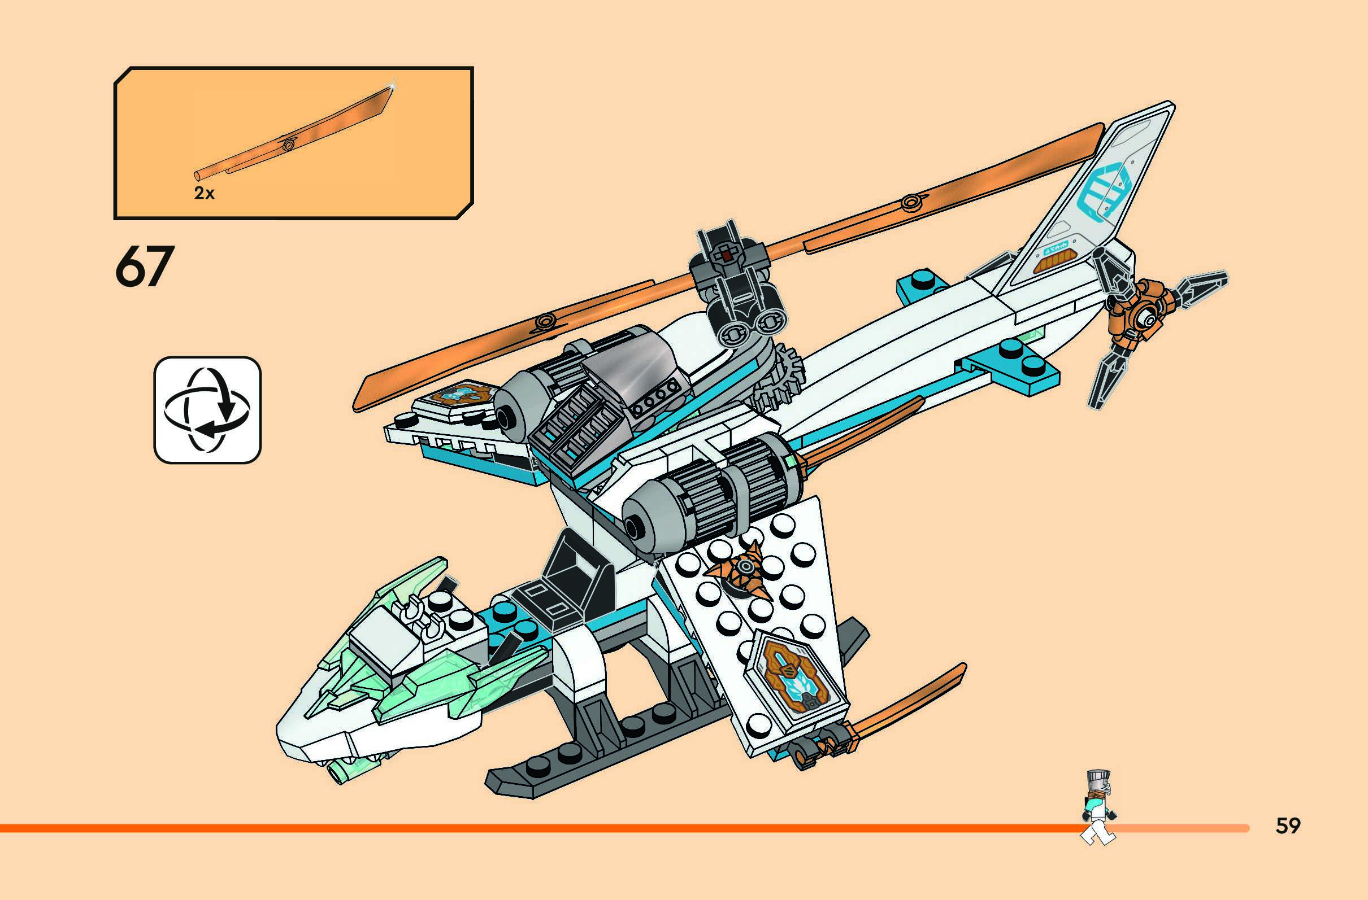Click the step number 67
(144, 267)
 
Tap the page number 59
(1288, 825)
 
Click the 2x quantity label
(204, 194)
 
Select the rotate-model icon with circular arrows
(207, 409)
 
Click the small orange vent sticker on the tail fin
(1052, 264)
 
